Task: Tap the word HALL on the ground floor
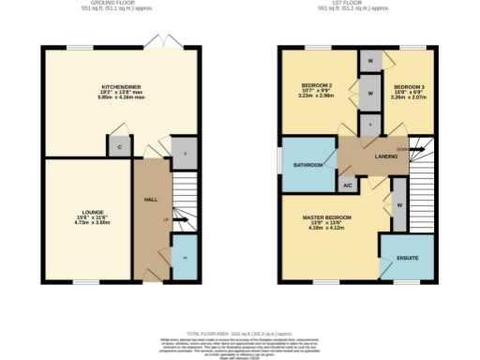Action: [x=149, y=201]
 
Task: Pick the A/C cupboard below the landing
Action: [x=348, y=186]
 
